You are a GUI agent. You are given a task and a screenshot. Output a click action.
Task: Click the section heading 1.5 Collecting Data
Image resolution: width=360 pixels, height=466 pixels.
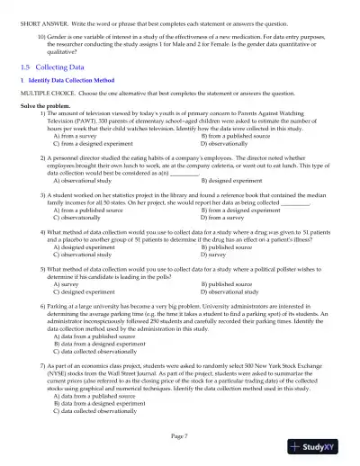[x=53, y=67]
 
